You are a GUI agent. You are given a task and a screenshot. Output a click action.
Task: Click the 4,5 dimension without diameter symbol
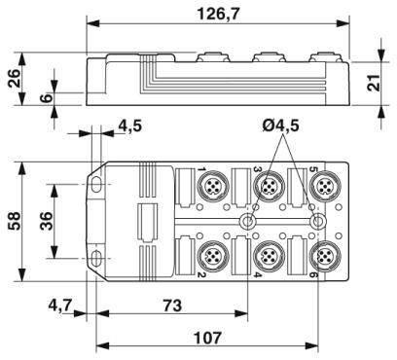click(128, 125)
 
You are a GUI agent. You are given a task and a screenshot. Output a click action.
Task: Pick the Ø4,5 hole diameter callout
click(281, 125)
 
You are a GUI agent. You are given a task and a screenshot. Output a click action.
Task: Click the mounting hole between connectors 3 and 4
click(249, 222)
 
